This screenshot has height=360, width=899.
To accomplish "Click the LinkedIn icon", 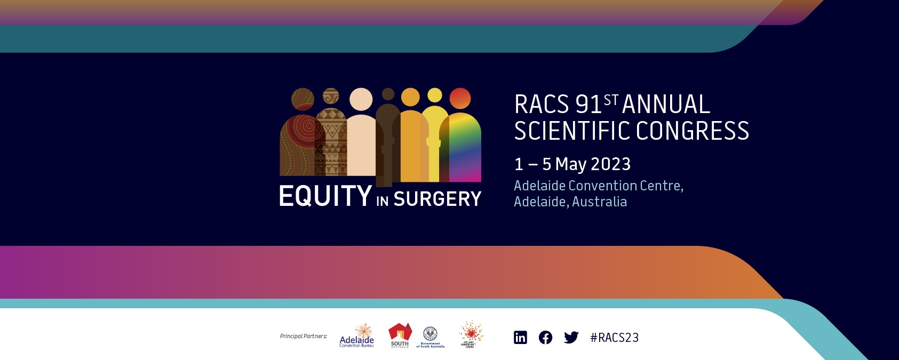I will pos(520,338).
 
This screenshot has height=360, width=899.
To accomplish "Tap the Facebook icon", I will pos(545,338).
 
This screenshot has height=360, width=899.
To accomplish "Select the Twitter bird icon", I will pos(571,338).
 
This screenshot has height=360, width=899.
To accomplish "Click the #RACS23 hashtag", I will pos(615,338).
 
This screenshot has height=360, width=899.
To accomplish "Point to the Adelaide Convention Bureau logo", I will pos(357,336).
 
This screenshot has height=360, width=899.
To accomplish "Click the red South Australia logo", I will pos(400,335).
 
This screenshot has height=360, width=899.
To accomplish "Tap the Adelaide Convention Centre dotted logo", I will pos(471,334).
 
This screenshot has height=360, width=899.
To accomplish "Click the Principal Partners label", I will pos(303,336).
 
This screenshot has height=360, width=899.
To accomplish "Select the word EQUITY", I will pos(325,196).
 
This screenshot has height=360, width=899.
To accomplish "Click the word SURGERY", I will pos(437,199).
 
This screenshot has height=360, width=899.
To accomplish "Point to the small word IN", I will pos(382,201).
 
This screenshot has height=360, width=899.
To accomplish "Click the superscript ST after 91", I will pos(611,100).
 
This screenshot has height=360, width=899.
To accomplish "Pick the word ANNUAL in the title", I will pos(666,105).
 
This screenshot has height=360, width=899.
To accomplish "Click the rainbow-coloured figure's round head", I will pos(460,98).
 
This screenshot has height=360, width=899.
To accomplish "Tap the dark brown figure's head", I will pos(388,94).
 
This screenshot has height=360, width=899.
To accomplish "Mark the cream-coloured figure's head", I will pos(361,99).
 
